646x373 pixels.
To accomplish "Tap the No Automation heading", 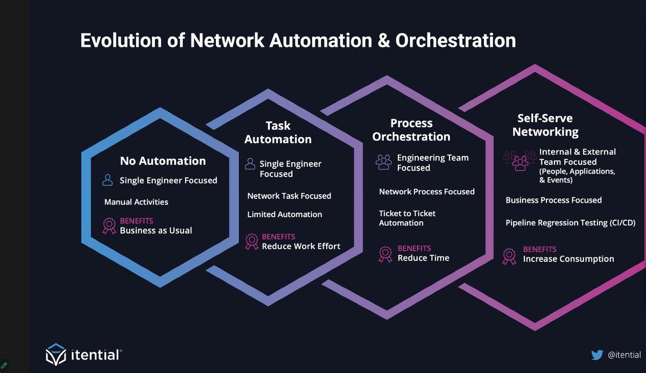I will point(163,161).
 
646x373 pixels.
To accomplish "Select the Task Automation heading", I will point(278,133).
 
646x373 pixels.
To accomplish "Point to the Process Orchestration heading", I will point(411,130).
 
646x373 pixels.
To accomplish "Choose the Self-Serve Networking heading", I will point(545,125).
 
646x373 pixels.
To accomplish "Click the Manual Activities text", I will point(136,202).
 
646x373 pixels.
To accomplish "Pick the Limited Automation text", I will point(284,215).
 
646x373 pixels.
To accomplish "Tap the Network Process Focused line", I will point(426,192).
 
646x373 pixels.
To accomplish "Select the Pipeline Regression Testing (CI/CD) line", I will point(571,223).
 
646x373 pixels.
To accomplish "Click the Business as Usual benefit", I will point(156,231).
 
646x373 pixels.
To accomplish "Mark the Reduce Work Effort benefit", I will point(301,246).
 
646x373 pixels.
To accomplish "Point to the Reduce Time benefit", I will point(423,258).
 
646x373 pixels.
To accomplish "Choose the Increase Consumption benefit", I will point(568,259).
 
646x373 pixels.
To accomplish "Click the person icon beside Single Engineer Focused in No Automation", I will point(108,180).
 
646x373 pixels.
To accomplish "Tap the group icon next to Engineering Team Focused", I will point(384,161).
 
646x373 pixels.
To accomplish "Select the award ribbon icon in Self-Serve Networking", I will point(509,256).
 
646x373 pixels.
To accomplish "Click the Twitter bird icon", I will point(597,355).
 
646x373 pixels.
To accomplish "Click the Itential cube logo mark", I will point(55,354).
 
